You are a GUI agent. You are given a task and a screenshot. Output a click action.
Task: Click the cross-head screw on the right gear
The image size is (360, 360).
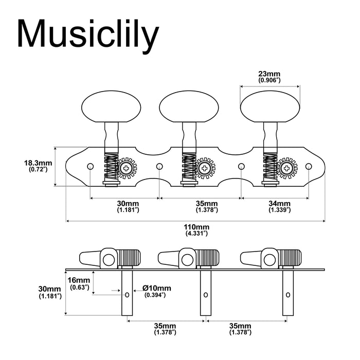[286, 168]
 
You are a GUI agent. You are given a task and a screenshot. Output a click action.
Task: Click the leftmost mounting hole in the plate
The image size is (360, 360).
[90, 166]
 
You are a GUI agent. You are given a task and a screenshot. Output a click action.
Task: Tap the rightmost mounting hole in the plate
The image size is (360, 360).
[309, 166]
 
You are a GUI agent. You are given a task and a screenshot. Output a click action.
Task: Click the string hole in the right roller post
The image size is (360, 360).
[286, 295]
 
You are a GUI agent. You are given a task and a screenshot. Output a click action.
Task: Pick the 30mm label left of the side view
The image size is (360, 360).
[50, 292]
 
